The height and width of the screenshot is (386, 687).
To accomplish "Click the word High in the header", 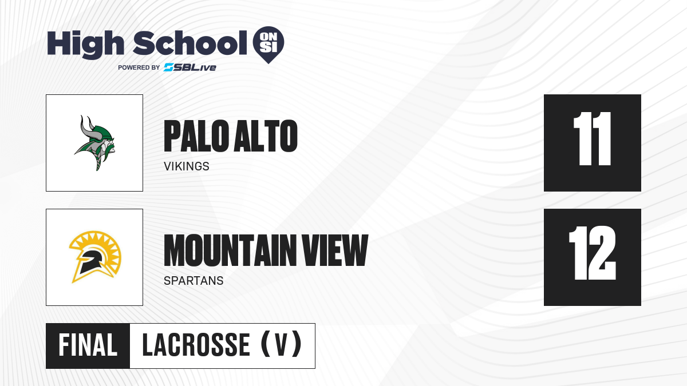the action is (x=85, y=44).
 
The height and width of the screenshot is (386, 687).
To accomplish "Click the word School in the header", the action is (x=190, y=43).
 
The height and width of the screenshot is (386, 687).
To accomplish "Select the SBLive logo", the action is (x=190, y=67).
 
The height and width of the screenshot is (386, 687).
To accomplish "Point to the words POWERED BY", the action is (x=139, y=67).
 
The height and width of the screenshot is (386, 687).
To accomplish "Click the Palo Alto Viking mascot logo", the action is (x=94, y=143).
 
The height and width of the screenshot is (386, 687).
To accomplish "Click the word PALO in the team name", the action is (x=197, y=136).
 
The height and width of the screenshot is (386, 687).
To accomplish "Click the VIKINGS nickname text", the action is (x=187, y=166).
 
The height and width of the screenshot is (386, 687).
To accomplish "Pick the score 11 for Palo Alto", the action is (x=592, y=139).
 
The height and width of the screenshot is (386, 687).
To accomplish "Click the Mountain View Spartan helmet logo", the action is (x=95, y=257).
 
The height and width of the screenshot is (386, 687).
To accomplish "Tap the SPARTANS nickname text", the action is (x=194, y=281).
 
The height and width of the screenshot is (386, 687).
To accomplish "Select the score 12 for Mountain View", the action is (x=592, y=253).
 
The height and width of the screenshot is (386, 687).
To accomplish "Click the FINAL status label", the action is (x=88, y=345).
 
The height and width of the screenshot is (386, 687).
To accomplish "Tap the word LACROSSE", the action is (x=196, y=345).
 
